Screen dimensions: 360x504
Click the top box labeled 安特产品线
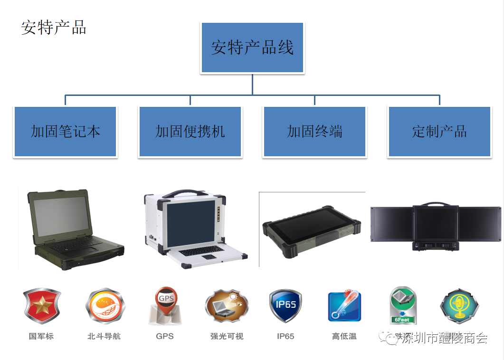tap(252, 47)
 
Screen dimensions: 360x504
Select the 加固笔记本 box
tap(65, 132)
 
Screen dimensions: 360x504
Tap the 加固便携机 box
tap(190, 132)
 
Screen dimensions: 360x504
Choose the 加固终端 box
tap(314, 132)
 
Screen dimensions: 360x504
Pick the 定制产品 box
tap(439, 132)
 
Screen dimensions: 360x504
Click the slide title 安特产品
tap(54, 28)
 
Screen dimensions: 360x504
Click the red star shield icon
tap(42, 306)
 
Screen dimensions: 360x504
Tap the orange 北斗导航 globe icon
tap(104, 306)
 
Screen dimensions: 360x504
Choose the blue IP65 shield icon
tap(285, 306)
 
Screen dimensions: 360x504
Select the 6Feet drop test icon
tap(403, 305)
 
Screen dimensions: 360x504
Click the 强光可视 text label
tap(227, 336)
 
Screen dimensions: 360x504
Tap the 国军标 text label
tap(41, 336)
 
